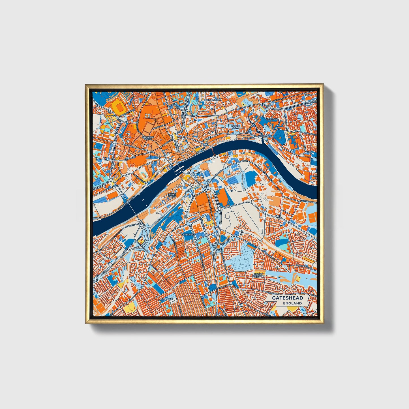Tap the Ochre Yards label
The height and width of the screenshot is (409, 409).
(172, 196)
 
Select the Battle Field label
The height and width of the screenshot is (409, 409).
(235, 127)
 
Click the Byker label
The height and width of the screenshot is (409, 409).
(308, 95)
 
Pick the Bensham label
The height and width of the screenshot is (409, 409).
(166, 299)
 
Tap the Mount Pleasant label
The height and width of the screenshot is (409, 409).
(258, 275)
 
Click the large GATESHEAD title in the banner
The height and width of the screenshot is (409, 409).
(287, 298)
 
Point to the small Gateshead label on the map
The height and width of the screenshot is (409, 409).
(188, 235)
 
